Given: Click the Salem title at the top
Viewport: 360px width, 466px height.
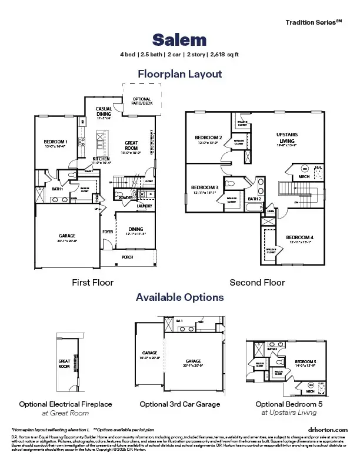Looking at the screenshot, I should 179,39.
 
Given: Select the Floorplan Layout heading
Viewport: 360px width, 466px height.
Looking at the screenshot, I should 179,74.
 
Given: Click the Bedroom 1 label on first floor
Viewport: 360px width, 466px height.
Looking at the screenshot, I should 56,142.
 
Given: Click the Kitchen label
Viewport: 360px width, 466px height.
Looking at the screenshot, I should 102,159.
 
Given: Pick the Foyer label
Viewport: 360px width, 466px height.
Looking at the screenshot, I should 108,232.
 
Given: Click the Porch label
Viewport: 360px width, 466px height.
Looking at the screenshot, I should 128,257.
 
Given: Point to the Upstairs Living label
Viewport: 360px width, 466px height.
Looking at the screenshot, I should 286,135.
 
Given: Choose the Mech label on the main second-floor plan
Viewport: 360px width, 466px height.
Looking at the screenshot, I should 304,176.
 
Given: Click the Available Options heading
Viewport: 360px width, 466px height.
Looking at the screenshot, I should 179,297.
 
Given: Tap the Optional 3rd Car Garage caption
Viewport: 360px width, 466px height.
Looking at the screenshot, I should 179,404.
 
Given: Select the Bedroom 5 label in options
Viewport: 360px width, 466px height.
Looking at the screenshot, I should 305,361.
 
